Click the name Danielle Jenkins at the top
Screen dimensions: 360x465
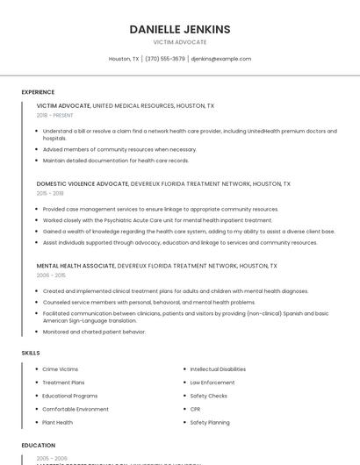coord(180,29)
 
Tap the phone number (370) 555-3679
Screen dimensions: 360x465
coord(165,59)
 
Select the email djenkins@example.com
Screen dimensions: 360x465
coord(221,59)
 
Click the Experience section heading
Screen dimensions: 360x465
coord(38,92)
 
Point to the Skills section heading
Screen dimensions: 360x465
coord(31,353)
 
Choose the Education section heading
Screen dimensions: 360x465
coord(39,445)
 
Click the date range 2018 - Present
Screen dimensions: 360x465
coord(55,115)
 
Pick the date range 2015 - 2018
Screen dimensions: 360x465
coord(50,193)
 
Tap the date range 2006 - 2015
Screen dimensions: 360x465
coord(51,275)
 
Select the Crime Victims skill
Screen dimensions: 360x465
coord(61,369)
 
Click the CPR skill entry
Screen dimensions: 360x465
coord(196,409)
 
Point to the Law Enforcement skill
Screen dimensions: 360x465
coord(212,383)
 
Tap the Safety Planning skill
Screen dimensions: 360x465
coord(210,422)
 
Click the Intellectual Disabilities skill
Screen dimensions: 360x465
coord(218,369)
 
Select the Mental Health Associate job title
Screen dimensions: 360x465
coord(76,265)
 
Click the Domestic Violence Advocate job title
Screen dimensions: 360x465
coord(83,184)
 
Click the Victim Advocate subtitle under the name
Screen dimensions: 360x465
coord(180,42)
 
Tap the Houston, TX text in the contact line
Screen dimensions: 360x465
coord(124,59)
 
